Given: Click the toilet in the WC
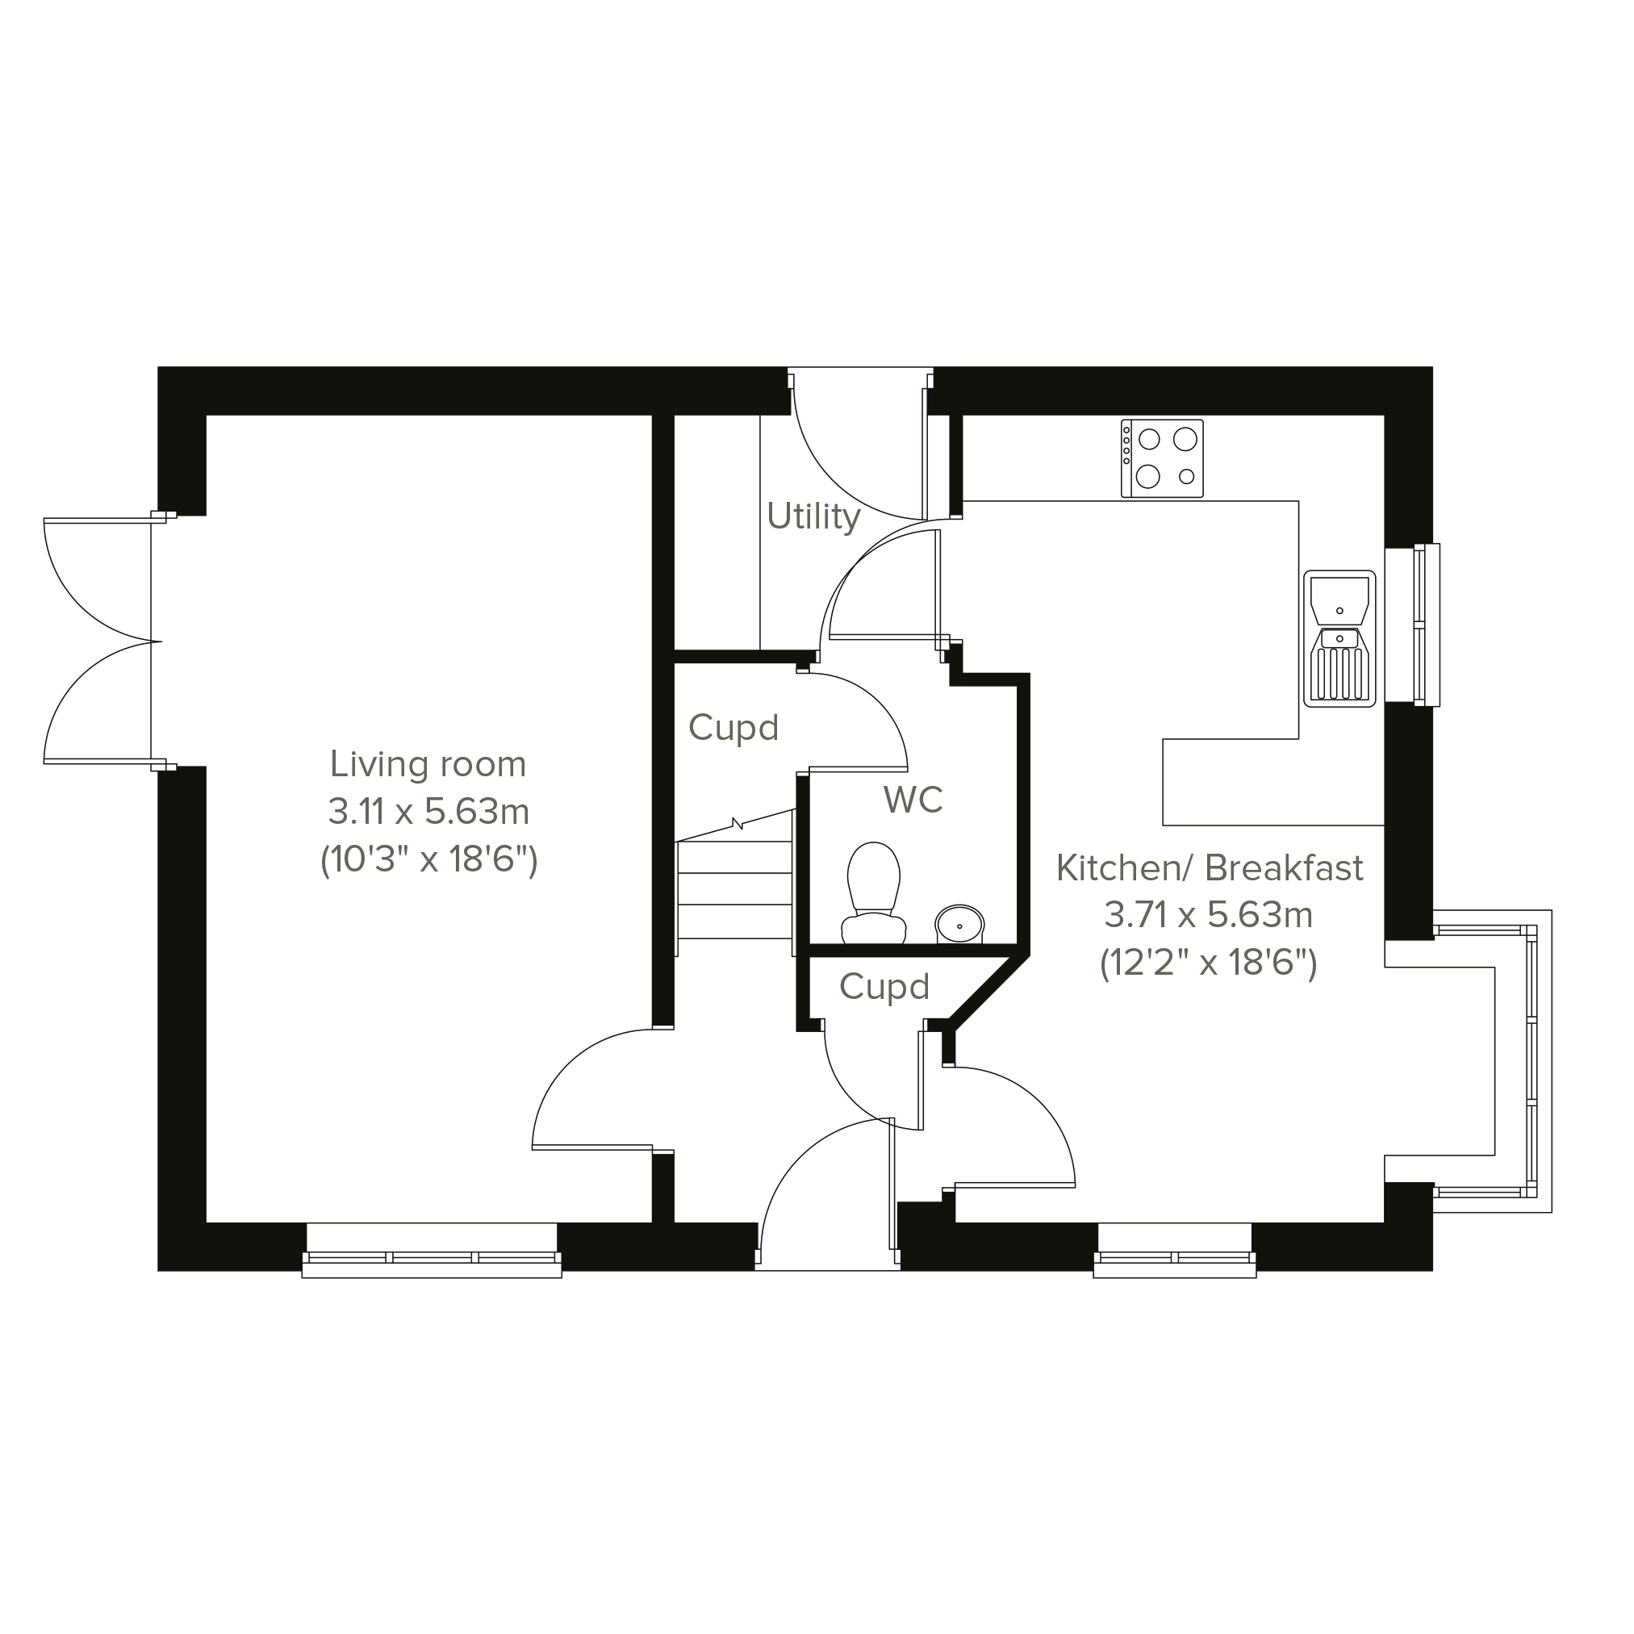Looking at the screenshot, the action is tap(874, 893).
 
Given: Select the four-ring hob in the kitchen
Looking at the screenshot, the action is tap(1162, 458).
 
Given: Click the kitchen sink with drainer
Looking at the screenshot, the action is tap(1339, 638).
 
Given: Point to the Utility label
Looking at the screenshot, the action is tap(813, 516).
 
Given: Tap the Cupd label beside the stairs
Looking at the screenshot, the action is tap(733, 728).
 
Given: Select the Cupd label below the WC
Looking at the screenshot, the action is tap(884, 987).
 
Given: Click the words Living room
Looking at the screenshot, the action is tap(428, 765).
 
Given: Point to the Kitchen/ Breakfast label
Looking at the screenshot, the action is tap(1210, 868).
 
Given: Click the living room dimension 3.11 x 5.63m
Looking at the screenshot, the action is tap(428, 812).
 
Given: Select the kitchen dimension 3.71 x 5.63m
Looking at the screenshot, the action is tap(1209, 915).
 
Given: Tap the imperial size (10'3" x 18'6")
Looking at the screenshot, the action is tap(428, 861).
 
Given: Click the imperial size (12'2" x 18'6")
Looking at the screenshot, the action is tap(1209, 963).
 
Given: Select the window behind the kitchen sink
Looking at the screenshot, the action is tap(1412, 625).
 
